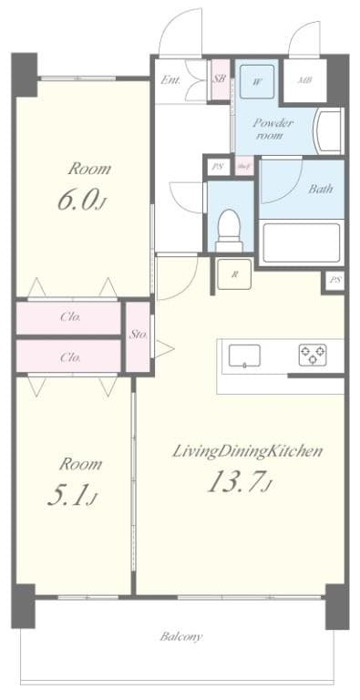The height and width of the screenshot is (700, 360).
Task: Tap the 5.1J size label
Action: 71,495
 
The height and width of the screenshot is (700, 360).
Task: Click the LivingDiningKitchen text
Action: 248,451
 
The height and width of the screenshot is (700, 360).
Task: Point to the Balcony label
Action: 181,636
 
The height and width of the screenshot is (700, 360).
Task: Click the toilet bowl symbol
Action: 231,228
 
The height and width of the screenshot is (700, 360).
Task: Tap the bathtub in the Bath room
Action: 301,242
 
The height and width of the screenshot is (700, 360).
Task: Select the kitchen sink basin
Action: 245,354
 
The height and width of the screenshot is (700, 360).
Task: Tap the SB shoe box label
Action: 220,79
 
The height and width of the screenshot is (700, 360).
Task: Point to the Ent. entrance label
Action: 170,80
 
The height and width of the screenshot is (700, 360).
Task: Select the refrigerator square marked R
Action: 234,273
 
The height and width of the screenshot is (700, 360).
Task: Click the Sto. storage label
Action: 139,334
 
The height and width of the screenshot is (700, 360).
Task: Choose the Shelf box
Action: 243,167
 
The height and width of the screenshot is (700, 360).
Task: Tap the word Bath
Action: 319,190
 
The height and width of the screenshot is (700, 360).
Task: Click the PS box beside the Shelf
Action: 217,167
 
